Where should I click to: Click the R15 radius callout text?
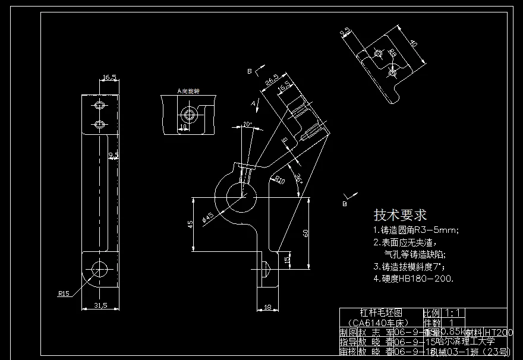click(64, 293)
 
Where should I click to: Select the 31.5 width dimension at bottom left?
click(100, 305)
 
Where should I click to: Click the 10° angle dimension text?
click(247, 125)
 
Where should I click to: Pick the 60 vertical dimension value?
click(305, 233)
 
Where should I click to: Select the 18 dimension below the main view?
click(267, 307)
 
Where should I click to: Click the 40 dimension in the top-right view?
click(414, 45)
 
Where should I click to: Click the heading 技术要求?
click(399, 214)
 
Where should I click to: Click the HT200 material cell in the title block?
click(498, 332)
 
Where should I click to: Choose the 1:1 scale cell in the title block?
click(452, 312)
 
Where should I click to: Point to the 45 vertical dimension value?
click(190, 225)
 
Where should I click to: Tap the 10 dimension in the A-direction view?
click(184, 127)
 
